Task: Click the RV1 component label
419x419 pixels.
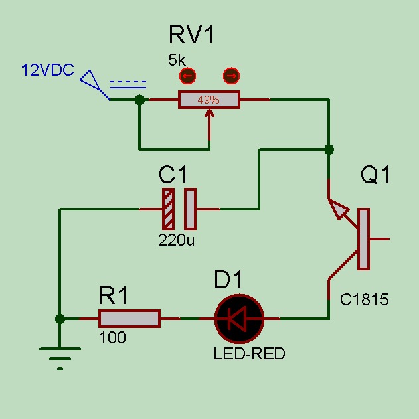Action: point(191,35)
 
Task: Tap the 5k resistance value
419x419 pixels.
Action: point(177,60)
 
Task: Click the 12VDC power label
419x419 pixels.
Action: point(48,70)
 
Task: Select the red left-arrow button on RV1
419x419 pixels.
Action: point(187,76)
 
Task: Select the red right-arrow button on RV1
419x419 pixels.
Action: point(231,76)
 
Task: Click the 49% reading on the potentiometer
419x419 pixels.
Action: point(209,100)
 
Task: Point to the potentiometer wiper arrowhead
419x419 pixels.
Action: point(209,113)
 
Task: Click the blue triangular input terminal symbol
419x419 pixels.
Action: point(90,80)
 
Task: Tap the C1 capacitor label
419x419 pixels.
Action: point(173,175)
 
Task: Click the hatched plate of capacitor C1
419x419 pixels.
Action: point(169,209)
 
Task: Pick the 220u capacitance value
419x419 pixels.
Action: point(176,240)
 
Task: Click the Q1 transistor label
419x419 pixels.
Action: point(375,175)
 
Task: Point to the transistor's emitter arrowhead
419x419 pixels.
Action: point(339,209)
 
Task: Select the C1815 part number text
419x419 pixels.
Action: point(365,299)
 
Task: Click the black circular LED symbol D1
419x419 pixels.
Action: point(240,319)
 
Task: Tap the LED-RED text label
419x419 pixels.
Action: point(249,353)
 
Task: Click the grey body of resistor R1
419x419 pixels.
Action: point(129,319)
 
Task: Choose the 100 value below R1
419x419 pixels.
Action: point(112,337)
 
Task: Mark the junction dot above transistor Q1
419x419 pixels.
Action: point(329,149)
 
